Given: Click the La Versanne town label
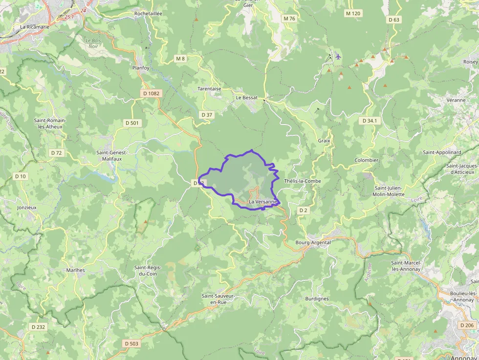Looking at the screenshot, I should tap(263, 202).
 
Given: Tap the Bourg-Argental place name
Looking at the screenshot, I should tap(313, 242).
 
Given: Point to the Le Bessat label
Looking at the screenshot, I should tap(246, 97).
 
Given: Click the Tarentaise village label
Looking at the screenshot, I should tap(209, 89).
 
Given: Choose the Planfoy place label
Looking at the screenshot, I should tap(140, 68).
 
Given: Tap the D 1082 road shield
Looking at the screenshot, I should tap(152, 93).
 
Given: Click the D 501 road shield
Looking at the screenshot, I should tap(132, 123).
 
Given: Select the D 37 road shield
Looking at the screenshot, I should tap(207, 115).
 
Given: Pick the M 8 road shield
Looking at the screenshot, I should tap(180, 59).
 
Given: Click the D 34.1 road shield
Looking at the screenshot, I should tap(370, 120).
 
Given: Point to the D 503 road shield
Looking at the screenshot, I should tap(131, 343).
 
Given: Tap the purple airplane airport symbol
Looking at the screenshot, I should tap(338, 56).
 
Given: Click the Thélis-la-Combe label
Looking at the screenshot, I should tap(303, 181).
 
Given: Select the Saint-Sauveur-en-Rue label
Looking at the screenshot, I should tap(218, 299).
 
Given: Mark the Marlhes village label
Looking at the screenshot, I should tap(75, 270).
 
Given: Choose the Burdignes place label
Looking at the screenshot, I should tap(317, 298).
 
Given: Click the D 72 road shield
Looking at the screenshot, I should tap(57, 153).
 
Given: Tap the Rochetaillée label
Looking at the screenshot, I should tap(148, 14).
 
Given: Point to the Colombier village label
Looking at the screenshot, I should tap(367, 160).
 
